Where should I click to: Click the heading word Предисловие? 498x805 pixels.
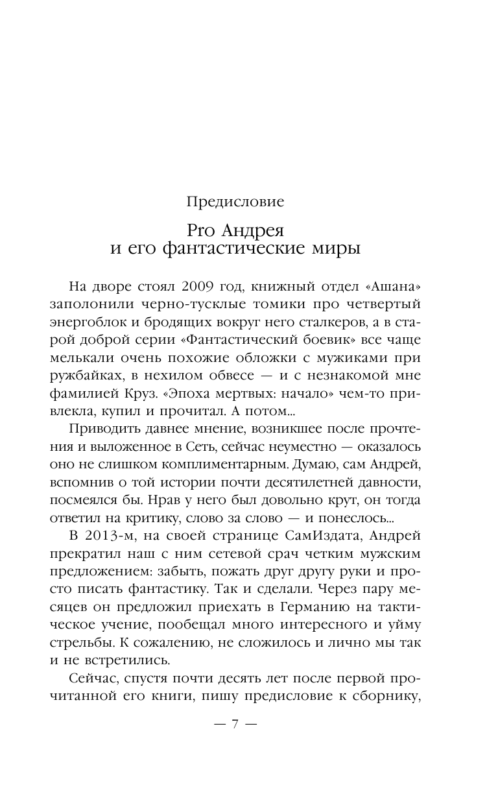coord(235,202)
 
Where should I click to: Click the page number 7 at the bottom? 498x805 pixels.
coord(235,706)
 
